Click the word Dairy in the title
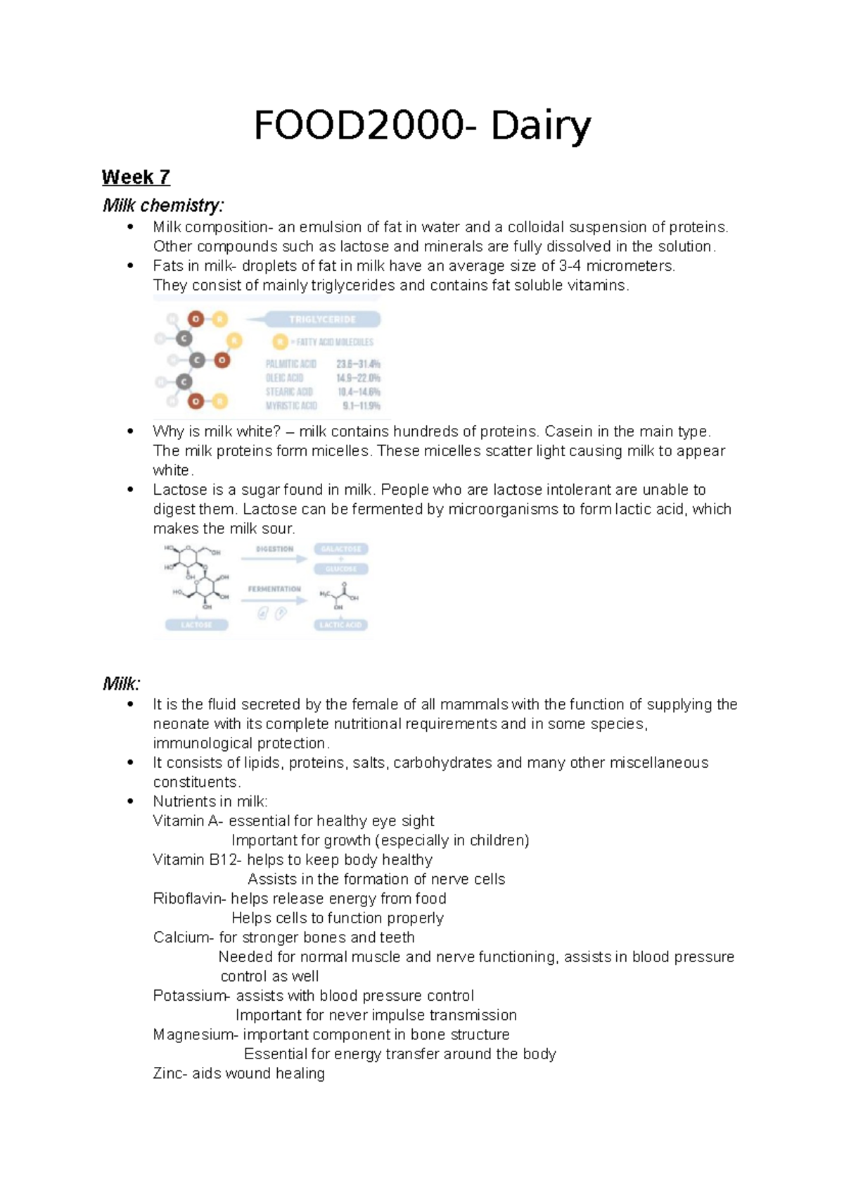(540, 127)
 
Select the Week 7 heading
(136, 177)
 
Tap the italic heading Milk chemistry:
(163, 206)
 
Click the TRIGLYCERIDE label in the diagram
(322, 320)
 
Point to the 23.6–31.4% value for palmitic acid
(358, 364)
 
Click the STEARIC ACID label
(288, 392)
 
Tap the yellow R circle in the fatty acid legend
(280, 342)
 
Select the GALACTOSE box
(341, 549)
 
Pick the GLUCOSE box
(341, 569)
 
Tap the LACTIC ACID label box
(341, 625)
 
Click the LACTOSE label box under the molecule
(196, 625)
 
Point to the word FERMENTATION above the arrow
(274, 589)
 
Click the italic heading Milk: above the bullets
(121, 683)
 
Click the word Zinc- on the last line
(170, 1074)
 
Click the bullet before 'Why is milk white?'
(130, 431)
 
